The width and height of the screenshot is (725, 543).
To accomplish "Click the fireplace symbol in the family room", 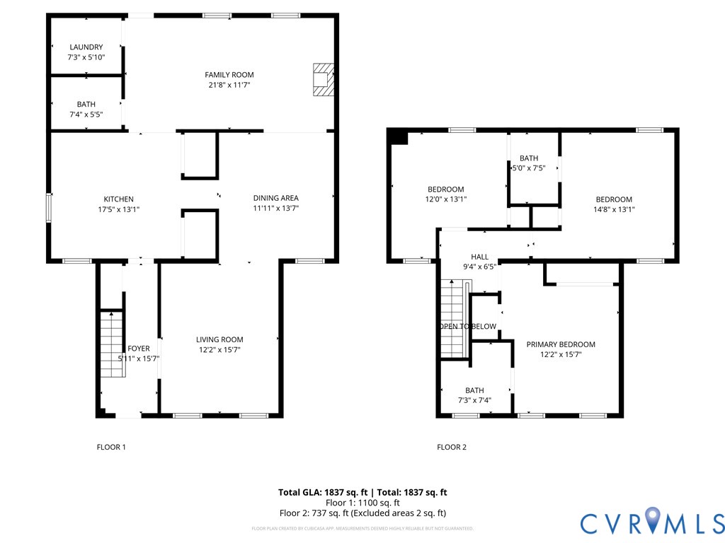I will pos(322,80).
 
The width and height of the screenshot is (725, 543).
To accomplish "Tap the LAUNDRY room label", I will pos(86,47).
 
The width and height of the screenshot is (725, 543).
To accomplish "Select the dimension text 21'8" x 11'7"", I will pos(229,85).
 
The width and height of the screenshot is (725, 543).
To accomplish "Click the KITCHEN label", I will pos(118,199).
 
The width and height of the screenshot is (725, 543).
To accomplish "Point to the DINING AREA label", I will pos(276,198).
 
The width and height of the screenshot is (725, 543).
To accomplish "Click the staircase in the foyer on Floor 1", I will pos(111,344).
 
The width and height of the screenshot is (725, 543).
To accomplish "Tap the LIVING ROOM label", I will pos(219,339).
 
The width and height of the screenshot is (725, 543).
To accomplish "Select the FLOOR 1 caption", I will pos(111,447).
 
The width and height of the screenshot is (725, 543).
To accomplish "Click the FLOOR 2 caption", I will pos(452,447).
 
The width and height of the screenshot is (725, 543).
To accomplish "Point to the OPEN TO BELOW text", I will pos(467,327).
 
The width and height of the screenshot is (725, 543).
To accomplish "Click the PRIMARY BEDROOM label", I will pos(561,344).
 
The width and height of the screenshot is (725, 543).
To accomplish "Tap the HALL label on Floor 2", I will pos(479,257).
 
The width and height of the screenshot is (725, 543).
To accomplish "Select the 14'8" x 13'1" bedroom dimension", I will pos(614,209).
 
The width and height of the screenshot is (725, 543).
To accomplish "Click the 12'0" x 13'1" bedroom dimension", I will pos(445,199).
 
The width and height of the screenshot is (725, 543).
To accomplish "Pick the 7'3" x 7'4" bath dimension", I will pos(474,400).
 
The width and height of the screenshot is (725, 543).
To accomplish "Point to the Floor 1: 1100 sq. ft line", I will pos(362,503).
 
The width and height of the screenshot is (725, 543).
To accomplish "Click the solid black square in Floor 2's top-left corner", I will pos(399,136).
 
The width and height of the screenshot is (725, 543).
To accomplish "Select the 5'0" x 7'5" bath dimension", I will pos(528,168).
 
